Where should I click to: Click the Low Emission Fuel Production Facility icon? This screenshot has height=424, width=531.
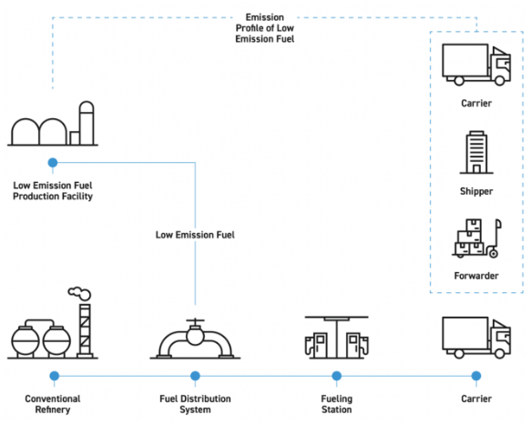point(53,124)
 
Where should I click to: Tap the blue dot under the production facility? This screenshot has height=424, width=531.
point(53,163)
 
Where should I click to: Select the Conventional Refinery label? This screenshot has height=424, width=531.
point(53,404)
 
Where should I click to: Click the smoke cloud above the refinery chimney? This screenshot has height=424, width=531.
point(79,293)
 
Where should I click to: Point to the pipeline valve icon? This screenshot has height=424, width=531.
point(195,338)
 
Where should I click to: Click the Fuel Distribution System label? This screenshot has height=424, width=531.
point(195,404)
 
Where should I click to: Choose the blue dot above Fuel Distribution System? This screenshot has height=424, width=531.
point(195,376)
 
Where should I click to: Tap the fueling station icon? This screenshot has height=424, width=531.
point(337,338)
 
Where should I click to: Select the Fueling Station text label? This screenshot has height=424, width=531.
point(337,404)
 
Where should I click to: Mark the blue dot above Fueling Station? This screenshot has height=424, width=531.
point(337,376)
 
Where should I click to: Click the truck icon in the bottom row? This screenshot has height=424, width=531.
point(476,338)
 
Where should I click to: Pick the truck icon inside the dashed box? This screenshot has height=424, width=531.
point(476,65)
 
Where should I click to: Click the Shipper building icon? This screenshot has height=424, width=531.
point(476,153)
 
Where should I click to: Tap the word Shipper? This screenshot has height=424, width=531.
point(476,191)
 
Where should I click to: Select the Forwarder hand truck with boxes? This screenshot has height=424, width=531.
point(476,238)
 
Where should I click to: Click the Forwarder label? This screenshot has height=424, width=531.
point(476,276)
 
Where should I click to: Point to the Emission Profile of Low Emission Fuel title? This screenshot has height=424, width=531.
point(265,28)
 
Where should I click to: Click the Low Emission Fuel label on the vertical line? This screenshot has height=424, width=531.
point(195,235)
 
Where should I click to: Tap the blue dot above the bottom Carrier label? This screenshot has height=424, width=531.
point(476,376)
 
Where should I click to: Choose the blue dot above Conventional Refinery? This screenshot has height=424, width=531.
point(54,376)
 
